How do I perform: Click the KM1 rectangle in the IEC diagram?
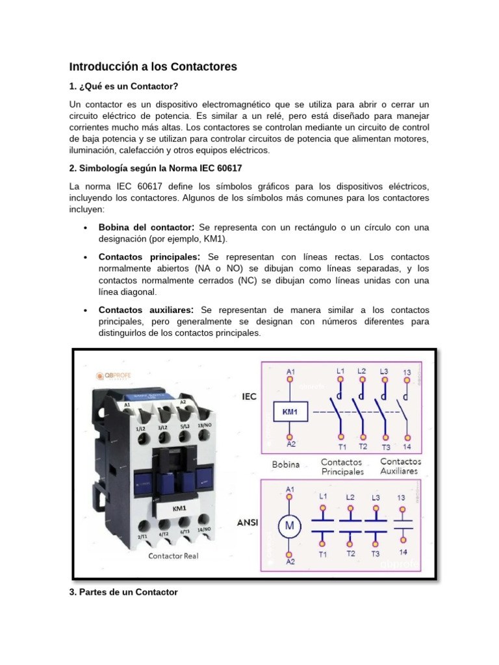[x=289, y=411]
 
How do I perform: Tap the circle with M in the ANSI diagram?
[x=289, y=525]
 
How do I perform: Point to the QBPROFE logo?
[x=116, y=375]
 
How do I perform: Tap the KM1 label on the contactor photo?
[x=179, y=510]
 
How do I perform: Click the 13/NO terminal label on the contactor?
[x=206, y=425]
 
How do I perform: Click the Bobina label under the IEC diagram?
[x=286, y=465]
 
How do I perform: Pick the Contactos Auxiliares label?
[x=399, y=466]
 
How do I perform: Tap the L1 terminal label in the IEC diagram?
[x=340, y=370]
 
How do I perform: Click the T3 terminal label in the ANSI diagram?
[x=375, y=554]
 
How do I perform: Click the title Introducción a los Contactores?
[x=153, y=66]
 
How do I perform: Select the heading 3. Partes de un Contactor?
[x=123, y=592]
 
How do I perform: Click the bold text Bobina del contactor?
[x=146, y=228]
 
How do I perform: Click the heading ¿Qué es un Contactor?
[x=123, y=86]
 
